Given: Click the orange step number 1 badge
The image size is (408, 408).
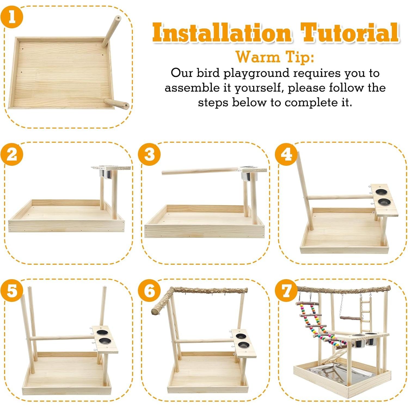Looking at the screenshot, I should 12,17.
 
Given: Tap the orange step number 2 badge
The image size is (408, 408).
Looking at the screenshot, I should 12,154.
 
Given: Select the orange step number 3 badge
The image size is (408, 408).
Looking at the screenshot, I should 149,154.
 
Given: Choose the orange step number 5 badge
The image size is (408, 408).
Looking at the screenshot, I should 12,290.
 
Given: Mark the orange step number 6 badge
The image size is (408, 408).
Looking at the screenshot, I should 149,290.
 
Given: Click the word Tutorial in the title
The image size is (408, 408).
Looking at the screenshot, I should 349,33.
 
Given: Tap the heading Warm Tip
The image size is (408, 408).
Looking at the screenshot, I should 275,57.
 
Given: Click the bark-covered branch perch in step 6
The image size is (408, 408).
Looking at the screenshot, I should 210,290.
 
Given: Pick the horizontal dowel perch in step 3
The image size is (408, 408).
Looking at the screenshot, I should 200,171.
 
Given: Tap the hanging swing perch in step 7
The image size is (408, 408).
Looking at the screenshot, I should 350,318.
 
